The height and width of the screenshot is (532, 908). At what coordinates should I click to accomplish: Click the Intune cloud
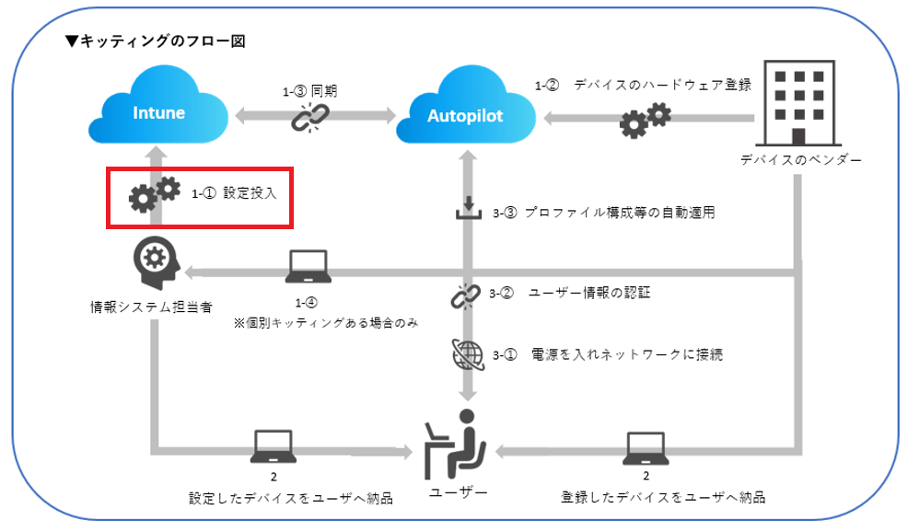(158, 112)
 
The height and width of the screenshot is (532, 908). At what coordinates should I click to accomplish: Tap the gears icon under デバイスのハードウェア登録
(645, 121)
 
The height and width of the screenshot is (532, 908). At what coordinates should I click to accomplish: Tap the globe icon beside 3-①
(466, 353)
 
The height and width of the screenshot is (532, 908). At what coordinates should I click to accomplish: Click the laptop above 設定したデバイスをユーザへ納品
(274, 447)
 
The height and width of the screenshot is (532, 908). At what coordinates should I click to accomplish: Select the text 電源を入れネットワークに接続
(627, 354)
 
